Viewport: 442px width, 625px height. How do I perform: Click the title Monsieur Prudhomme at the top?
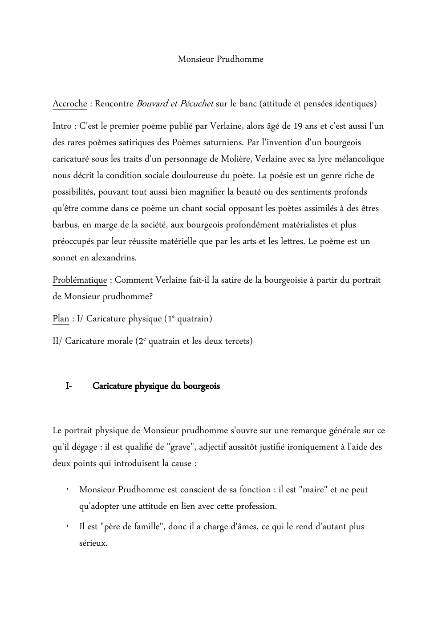coord(220,59)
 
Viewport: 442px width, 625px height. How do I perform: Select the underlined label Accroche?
coord(70,104)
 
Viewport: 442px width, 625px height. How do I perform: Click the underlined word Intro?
coord(62,126)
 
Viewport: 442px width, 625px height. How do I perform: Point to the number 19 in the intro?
coord(299,126)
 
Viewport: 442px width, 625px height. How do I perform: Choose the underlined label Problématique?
coord(80,280)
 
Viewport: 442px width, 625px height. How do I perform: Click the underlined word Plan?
coord(61,319)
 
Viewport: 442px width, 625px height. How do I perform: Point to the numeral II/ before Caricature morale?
coord(57,341)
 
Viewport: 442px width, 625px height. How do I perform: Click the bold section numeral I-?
coord(69,386)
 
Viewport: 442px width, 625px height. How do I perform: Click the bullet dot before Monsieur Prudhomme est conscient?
coord(66,489)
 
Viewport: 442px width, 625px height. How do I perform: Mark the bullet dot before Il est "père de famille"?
coord(66,526)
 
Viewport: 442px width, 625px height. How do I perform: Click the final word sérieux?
coord(93,543)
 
